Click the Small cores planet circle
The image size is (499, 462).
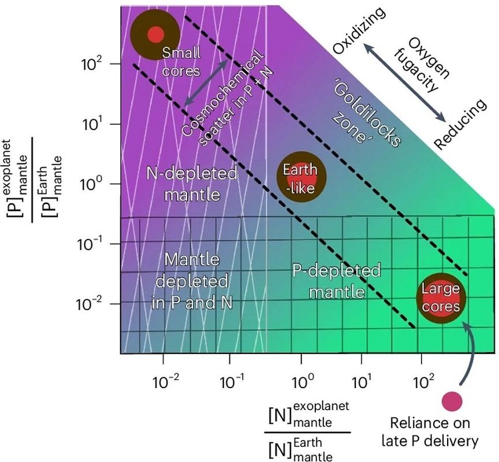pos(154,35)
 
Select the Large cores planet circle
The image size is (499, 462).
pos(441,298)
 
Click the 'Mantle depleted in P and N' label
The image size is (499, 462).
pos(192,281)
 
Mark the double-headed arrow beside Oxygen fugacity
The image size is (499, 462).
pos(406,84)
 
